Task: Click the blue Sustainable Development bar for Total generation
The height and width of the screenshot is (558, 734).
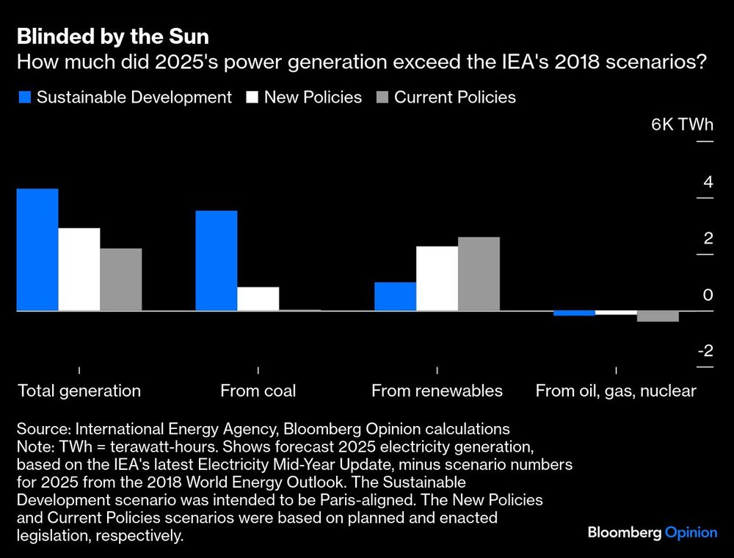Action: [x=37, y=250]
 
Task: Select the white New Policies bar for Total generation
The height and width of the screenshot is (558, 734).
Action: [x=79, y=269]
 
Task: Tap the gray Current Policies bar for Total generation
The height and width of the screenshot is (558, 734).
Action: [x=121, y=279]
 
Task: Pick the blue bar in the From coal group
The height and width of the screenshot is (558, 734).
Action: [x=217, y=260]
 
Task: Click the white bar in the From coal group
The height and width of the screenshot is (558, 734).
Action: [x=258, y=298]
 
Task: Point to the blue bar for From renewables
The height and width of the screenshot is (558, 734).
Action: [x=395, y=296]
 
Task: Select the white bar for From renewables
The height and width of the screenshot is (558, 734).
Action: [x=437, y=279]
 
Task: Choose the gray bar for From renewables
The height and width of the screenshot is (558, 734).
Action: [x=479, y=274]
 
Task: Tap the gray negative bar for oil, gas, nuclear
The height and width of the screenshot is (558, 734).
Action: [x=658, y=317]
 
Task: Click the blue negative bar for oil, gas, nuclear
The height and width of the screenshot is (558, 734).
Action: [x=574, y=314]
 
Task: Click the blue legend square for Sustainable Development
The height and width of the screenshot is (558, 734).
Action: [x=23, y=98]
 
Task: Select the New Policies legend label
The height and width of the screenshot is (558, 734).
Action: [x=313, y=98]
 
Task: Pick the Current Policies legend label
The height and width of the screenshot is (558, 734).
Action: [x=455, y=98]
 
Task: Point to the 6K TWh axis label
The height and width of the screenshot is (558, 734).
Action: [x=682, y=124]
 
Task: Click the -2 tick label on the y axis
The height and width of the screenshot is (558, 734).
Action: [x=705, y=350]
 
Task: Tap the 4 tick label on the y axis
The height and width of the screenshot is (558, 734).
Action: [x=708, y=181]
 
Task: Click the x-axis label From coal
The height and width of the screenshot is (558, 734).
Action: [x=258, y=391]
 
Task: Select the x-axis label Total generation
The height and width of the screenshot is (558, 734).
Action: [x=79, y=391]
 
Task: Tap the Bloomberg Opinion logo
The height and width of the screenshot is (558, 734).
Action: [x=652, y=532]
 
